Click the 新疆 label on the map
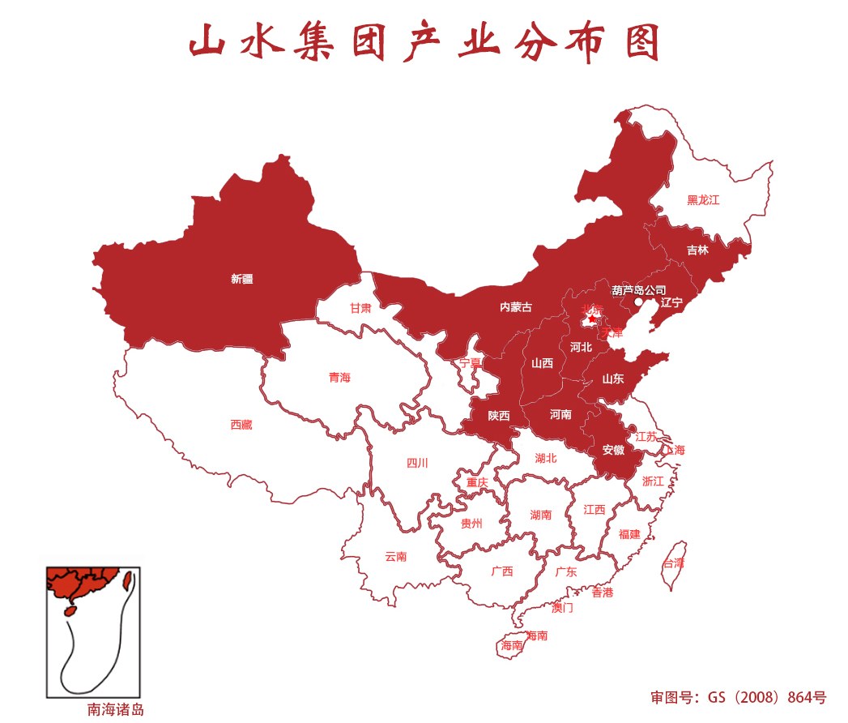coord(241,279)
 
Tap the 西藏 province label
coord(241,425)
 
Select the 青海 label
coord(339,378)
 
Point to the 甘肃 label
coord(360,308)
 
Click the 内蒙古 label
coord(516,307)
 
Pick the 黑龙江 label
coord(703,200)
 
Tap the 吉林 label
coord(697,250)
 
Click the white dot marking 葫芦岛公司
coord(638,302)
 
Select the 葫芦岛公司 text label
coord(639,289)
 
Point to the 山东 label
coord(613,379)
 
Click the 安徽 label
coord(613,450)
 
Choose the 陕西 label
coord(499,416)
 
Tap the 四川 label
coord(417,464)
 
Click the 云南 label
coord(396,557)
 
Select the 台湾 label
coord(674,563)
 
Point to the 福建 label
coord(629,534)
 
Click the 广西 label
coord(502,571)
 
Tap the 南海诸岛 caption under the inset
coord(116,710)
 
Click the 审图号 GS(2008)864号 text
coord(738,697)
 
